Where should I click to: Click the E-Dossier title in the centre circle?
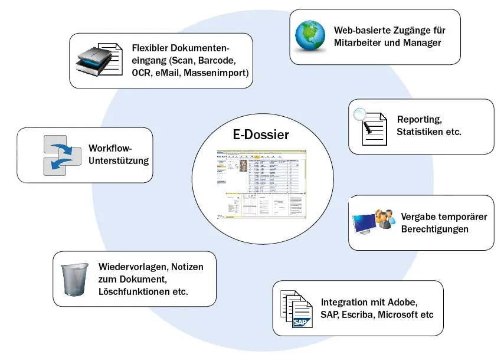coord(260,135)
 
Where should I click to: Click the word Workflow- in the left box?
coord(110,147)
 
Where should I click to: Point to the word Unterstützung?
coord(119,160)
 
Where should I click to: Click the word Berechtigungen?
coord(435,229)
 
